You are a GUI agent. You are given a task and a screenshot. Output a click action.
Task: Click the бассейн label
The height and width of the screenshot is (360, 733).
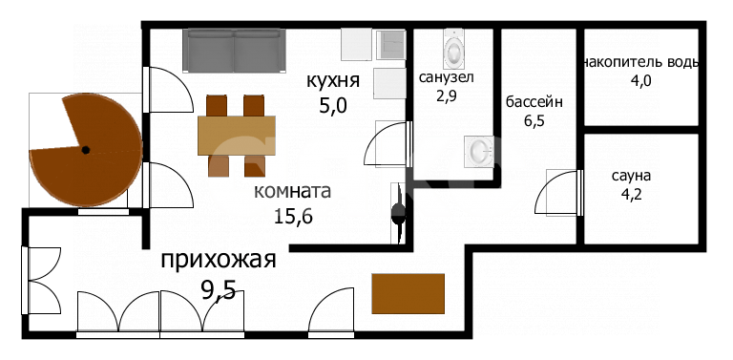[534, 101]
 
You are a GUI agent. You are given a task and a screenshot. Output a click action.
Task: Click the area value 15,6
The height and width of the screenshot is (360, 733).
[293, 216]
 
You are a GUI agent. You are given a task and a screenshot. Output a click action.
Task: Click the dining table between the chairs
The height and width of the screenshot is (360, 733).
[236, 135]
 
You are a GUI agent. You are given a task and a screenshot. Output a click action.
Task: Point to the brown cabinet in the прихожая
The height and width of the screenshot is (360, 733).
[408, 294]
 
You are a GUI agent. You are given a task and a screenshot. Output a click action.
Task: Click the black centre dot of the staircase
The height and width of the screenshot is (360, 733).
[85, 150]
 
